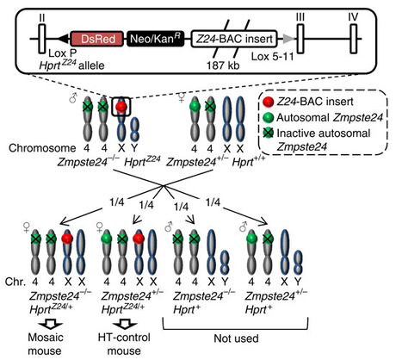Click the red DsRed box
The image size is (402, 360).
click(97, 39)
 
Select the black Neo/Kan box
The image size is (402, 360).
click(156, 39)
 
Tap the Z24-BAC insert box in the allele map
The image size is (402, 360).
click(234, 39)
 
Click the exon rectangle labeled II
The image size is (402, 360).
click(42, 39)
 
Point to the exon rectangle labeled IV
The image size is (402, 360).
click(354, 39)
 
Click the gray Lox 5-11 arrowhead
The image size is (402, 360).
click(288, 39)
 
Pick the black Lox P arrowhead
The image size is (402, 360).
click(63, 39)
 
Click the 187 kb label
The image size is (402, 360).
click(223, 65)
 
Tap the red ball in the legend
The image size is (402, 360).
click(268, 102)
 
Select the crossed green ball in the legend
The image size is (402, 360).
click(268, 133)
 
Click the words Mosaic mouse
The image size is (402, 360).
click(45, 344)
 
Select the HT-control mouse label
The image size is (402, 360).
click(124, 344)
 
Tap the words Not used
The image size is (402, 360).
click(236, 338)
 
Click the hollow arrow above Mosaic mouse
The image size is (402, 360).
click(51, 325)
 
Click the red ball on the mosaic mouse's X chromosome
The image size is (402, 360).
click(67, 239)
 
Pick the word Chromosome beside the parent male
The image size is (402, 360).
click(42, 148)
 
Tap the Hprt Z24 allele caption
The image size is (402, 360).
click(71, 65)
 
